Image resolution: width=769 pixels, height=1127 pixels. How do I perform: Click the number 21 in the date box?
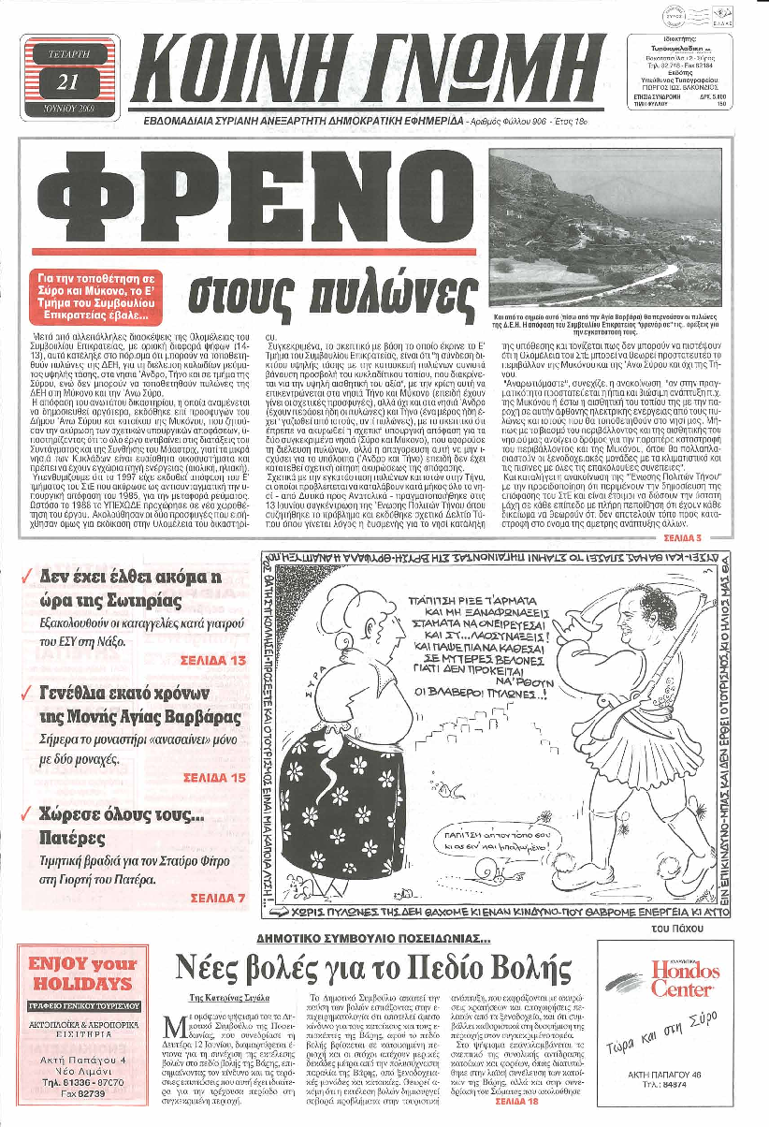(x=66, y=81)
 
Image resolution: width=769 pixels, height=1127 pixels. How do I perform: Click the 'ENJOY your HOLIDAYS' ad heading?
(x=84, y=973)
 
